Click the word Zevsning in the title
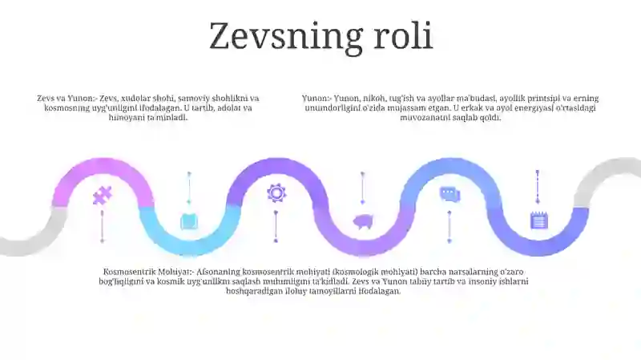pyautogui.click(x=286, y=37)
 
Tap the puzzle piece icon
pyautogui.click(x=103, y=196)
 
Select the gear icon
pyautogui.click(x=276, y=192)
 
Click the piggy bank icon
pyautogui.click(x=363, y=222)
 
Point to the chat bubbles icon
pyautogui.click(x=450, y=193)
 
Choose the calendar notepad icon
pyautogui.click(x=538, y=220)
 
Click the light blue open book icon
pyautogui.click(x=189, y=221)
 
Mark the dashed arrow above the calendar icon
pyautogui.click(x=538, y=187)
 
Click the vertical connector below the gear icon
pyautogui.click(x=276, y=227)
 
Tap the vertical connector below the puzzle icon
pyautogui.click(x=103, y=227)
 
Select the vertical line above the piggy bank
pyautogui.click(x=363, y=188)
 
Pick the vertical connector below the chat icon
pyautogui.click(x=450, y=227)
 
